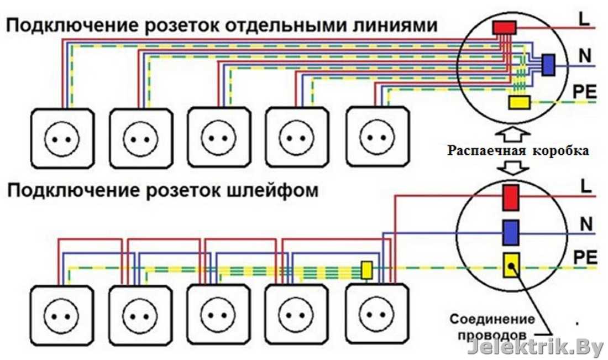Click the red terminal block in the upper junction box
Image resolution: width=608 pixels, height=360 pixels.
(504, 27)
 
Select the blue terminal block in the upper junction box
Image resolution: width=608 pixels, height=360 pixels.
(548, 65)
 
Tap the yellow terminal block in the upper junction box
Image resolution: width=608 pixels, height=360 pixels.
(519, 102)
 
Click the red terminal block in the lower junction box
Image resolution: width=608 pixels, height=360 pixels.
(510, 197)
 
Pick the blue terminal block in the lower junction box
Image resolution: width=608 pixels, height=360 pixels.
(510, 232)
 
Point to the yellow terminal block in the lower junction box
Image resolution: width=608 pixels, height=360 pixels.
(510, 266)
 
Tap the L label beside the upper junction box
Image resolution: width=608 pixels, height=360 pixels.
(583, 18)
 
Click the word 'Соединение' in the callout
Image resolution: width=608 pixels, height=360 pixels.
(492, 319)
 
